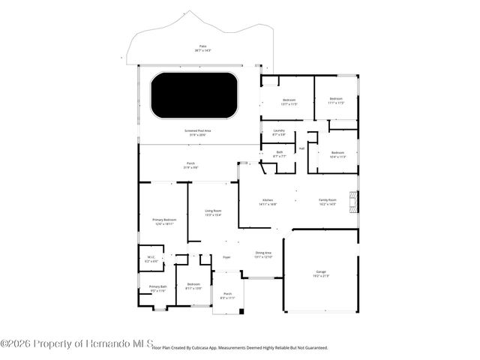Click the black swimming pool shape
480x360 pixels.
[194, 94]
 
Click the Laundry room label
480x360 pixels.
[279, 132]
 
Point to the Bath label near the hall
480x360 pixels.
[279, 153]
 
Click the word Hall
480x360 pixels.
[301, 148]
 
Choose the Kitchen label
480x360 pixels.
[268, 202]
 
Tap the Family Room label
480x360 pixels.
[328, 202]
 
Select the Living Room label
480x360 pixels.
[213, 212]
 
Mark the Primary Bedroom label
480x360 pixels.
[163, 220]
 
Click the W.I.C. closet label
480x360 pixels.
[151, 259]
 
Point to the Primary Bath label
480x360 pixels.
[157, 288]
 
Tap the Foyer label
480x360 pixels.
[226, 257]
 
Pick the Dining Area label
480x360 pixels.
[263, 254]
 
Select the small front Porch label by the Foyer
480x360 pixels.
[227, 295]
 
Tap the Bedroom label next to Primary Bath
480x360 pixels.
[193, 286]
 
